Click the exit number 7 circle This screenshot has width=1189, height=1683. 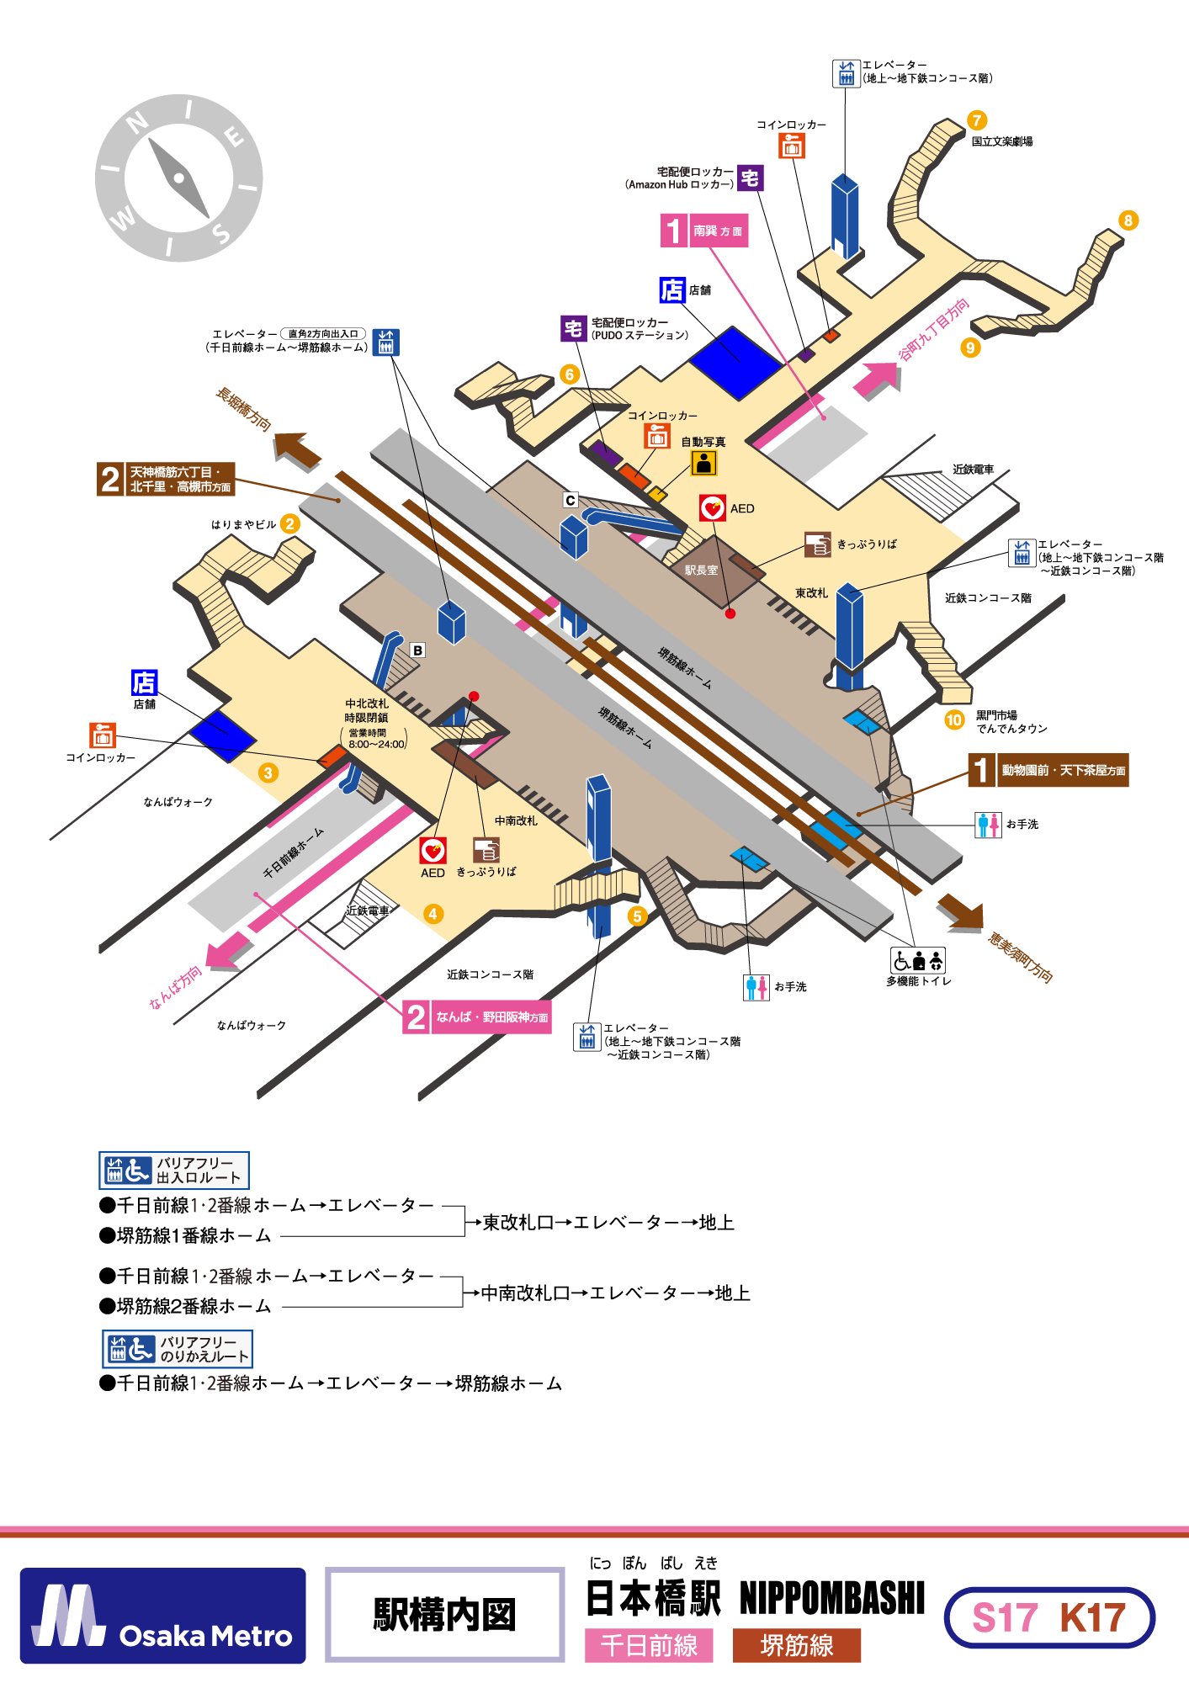tap(976, 120)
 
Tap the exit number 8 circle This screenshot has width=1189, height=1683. tap(1128, 220)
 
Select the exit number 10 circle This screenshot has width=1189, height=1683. tap(954, 719)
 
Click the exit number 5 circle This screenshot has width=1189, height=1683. tap(637, 916)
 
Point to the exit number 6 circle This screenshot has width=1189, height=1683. tap(570, 374)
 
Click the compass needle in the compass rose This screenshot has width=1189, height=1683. tap(178, 178)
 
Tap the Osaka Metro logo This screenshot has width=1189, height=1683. tap(162, 1616)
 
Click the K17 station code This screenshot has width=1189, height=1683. tap(1092, 1617)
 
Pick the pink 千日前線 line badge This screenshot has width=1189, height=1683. tap(649, 1645)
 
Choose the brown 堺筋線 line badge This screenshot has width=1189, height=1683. tap(796, 1645)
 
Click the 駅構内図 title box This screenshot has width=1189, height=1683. tap(444, 1615)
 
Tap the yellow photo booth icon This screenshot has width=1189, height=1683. tap(704, 463)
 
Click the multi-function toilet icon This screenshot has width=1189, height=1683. tap(918, 960)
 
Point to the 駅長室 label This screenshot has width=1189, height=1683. tap(701, 570)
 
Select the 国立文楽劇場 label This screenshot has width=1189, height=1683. tap(1002, 141)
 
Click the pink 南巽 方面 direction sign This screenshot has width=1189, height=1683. tap(704, 231)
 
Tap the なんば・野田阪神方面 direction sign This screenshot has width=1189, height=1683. tap(477, 1017)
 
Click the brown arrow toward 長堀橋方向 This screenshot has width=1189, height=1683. tap(297, 449)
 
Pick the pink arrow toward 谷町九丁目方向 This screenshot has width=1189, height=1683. tap(878, 380)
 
